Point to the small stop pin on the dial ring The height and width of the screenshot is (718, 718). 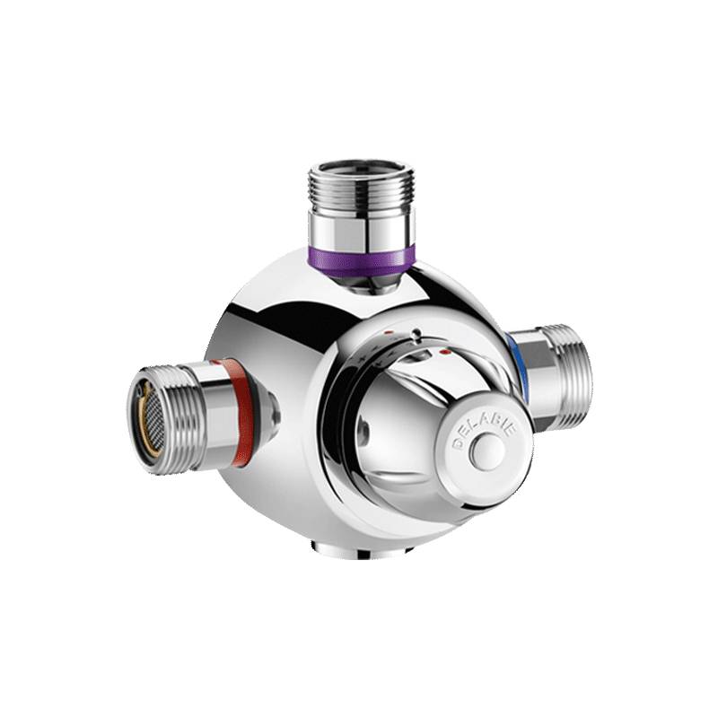[415, 339]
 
